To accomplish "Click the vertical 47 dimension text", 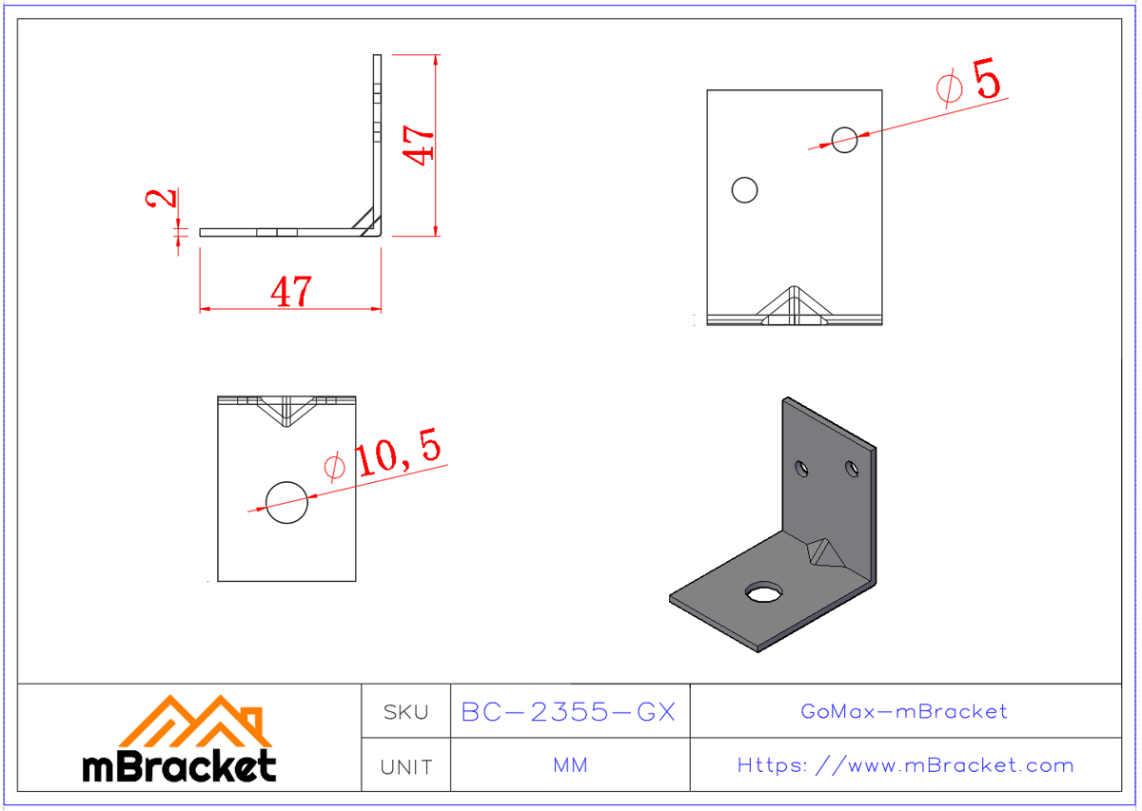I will click(x=419, y=143).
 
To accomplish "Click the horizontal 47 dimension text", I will click(x=290, y=292).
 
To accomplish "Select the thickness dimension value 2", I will click(x=163, y=198).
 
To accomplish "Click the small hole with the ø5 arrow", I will click(x=844, y=140).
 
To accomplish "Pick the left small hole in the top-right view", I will click(x=744, y=190).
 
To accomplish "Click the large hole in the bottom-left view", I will click(x=286, y=502).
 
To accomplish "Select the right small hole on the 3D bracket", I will click(x=850, y=467).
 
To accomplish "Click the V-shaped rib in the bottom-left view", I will click(x=286, y=409).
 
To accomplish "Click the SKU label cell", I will click(x=405, y=711).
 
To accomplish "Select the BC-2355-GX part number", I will click(x=568, y=711).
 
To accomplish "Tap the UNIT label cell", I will click(x=405, y=766).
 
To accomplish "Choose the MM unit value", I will click(x=569, y=765).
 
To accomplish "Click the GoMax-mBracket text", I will click(x=904, y=711).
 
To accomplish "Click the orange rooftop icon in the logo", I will click(x=195, y=721).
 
